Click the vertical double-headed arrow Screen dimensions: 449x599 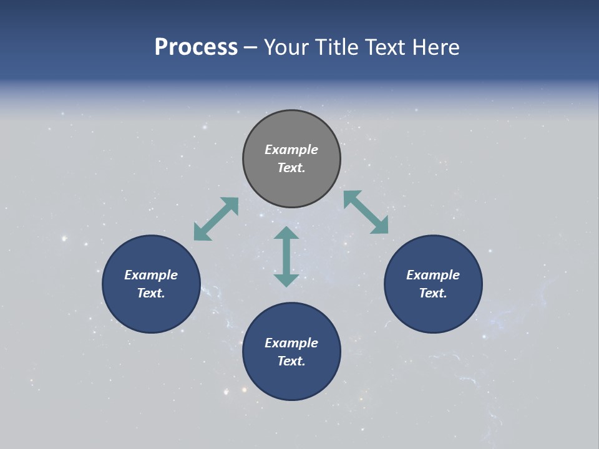coord(286,256)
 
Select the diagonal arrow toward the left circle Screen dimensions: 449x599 coord(216,219)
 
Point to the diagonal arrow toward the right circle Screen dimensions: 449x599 coord(366,213)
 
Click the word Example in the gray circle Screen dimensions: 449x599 coord(291,150)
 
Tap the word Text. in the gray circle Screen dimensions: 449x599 coord(291,168)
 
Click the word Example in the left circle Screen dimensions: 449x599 coord(151,275)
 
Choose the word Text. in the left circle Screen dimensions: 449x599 coord(151,293)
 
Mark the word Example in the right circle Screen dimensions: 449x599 coord(433,275)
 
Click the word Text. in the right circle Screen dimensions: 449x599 coord(433,293)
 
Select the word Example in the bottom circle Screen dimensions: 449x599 coord(291,343)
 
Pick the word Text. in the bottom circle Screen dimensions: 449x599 coord(291,361)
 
